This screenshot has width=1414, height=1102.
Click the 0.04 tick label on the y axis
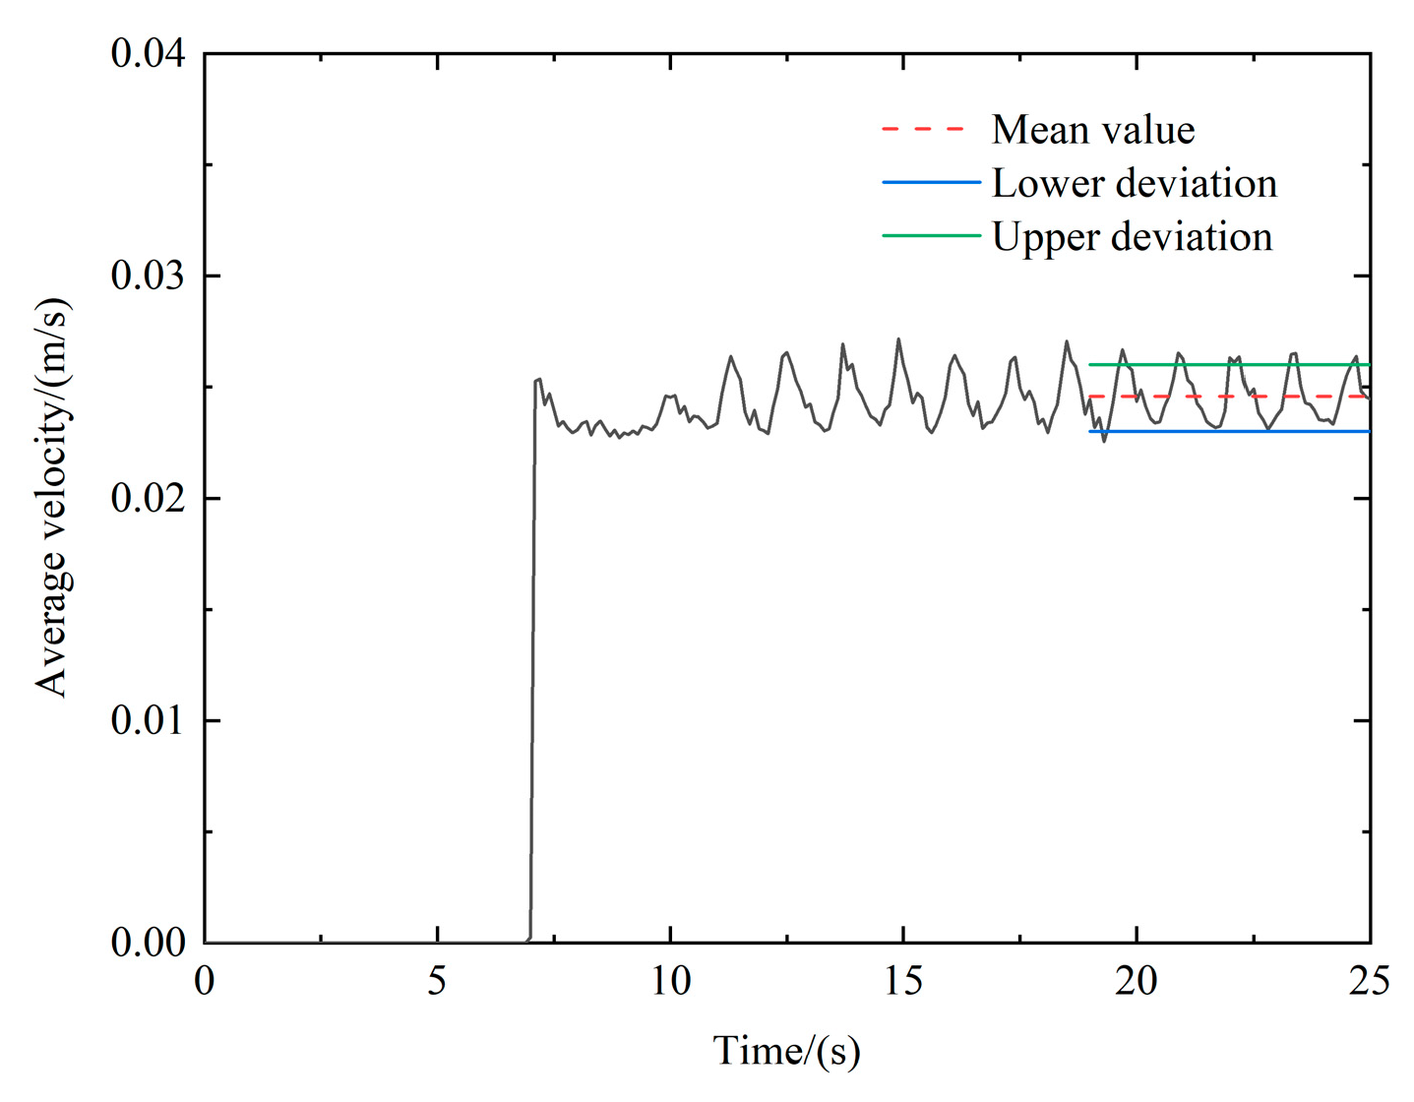click(148, 53)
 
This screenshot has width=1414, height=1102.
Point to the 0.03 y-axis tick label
click(148, 275)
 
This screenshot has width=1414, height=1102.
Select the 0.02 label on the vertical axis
click(148, 498)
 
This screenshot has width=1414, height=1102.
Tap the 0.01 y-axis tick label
click(148, 720)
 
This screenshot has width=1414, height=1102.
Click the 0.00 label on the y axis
click(148, 943)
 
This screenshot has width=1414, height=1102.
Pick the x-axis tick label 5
click(437, 981)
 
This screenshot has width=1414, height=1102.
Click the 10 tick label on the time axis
click(670, 981)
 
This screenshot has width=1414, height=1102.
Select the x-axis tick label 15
click(902, 981)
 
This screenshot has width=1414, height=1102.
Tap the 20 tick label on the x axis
click(1136, 981)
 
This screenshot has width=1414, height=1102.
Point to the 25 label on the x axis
click(1369, 981)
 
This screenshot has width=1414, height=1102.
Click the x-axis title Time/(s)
click(786, 1051)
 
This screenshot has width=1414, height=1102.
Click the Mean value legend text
click(1092, 130)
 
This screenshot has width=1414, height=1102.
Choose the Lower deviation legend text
click(1134, 183)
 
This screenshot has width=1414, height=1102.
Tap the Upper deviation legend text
click(1132, 237)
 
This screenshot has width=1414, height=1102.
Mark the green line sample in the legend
click(931, 236)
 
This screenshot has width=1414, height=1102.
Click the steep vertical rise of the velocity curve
click(532, 640)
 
